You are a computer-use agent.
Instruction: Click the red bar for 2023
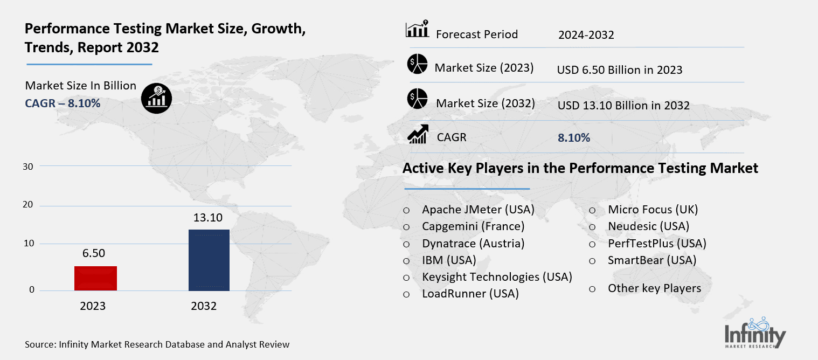95,278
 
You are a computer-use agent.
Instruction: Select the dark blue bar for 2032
209,260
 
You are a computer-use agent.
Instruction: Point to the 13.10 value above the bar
208,218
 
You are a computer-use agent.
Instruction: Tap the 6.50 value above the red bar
94,253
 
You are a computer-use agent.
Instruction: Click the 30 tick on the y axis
29,167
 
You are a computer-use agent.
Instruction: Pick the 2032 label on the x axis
204,306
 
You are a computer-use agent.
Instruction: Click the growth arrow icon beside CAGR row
417,134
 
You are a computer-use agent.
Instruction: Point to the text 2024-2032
586,35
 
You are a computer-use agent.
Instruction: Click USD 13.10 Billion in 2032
623,105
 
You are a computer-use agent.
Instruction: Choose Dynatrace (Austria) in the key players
473,243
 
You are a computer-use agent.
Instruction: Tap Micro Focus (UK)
653,209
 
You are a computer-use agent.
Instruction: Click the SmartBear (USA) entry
652,260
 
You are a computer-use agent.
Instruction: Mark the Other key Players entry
654,288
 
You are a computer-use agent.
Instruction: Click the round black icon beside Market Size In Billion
156,97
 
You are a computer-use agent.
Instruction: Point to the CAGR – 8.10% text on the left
63,103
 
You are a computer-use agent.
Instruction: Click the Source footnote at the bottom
157,344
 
